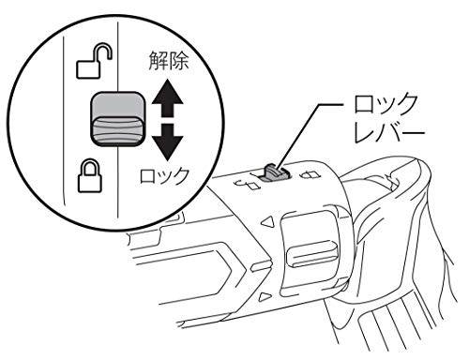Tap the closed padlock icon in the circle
tap(90, 175)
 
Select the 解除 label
tap(169, 60)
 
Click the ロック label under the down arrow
tap(165, 176)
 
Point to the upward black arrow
tap(168, 97)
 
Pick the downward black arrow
tap(168, 142)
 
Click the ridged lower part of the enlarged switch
tap(118, 131)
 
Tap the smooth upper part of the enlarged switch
tap(118, 105)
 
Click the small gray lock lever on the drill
tap(273, 172)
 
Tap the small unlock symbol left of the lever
tap(248, 184)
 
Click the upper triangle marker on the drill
tap(267, 223)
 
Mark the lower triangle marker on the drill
tap(265, 296)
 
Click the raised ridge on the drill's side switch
tap(312, 252)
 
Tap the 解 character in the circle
tap(159, 60)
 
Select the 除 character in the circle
tap(179, 60)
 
